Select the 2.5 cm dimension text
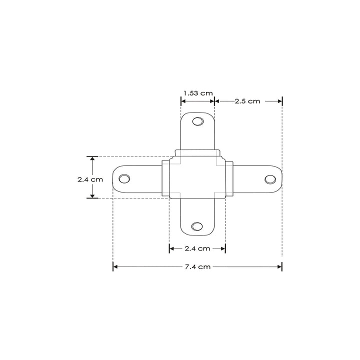pos(247,101)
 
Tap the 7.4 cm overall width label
pos(197,267)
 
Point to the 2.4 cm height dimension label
pos(90,179)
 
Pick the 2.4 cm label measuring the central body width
pos(197,248)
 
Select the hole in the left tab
pos(124,178)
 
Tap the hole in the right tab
pos(269,178)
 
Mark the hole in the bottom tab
pos(197,226)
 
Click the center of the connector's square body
pos(197,177)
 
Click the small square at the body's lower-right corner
pos(219,194)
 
